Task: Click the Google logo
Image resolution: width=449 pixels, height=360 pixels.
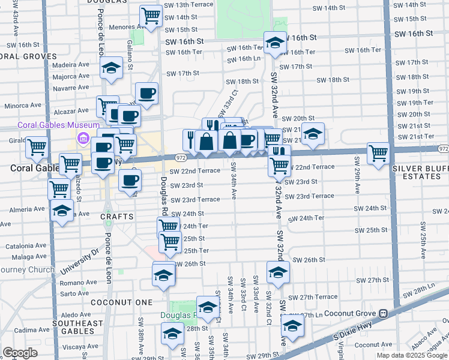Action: (x=20, y=353)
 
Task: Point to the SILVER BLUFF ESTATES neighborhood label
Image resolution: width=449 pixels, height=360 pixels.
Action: (x=420, y=172)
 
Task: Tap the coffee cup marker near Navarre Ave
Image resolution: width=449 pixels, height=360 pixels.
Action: (x=146, y=93)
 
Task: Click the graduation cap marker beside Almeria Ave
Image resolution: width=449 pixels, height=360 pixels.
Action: (x=61, y=211)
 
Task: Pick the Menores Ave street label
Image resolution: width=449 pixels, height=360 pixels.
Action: (x=120, y=27)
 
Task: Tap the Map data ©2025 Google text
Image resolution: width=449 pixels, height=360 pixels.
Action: (x=411, y=355)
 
